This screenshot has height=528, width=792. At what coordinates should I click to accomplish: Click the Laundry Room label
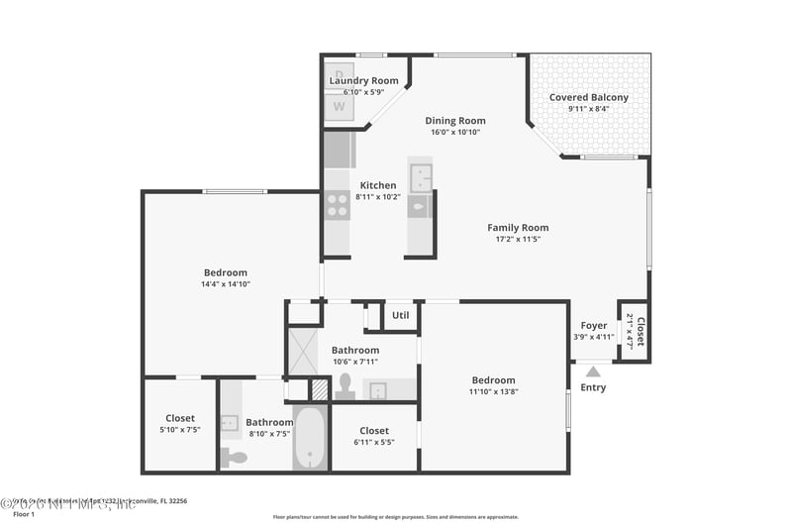(x=363, y=80)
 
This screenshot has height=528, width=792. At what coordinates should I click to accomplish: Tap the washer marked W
(x=340, y=106)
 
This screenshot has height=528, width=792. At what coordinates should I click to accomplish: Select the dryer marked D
(x=340, y=74)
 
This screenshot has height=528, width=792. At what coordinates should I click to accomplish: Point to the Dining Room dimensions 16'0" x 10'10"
(x=455, y=132)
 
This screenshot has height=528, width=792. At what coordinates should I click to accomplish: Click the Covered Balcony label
(x=589, y=97)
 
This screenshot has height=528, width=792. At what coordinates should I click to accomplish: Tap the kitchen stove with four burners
(x=338, y=205)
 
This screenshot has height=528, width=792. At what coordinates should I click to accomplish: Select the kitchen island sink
(x=421, y=178)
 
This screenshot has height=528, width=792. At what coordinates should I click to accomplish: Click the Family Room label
(x=518, y=227)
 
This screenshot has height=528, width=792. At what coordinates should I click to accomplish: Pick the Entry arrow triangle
(x=593, y=372)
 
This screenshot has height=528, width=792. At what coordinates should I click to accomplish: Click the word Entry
(x=593, y=387)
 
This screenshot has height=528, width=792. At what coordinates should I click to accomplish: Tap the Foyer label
(x=594, y=325)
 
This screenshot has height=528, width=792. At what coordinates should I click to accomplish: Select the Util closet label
(x=400, y=316)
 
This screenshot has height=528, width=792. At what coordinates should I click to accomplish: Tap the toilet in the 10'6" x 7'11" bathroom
(x=345, y=386)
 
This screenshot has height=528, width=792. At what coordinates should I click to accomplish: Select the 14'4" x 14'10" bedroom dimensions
(x=226, y=284)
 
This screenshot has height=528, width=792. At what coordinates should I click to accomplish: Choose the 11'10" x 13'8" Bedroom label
(x=493, y=380)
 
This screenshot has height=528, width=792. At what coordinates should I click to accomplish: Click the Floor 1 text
(x=23, y=514)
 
